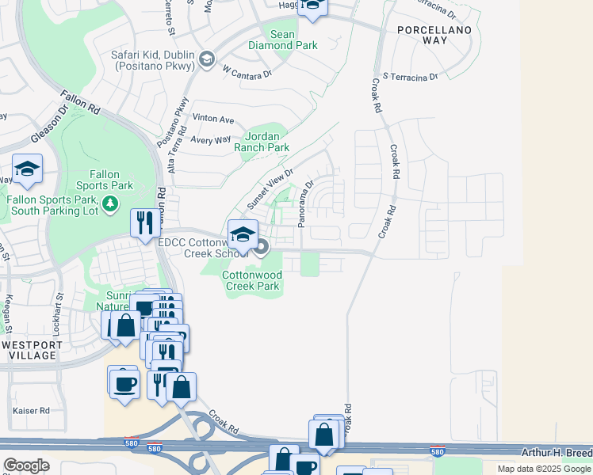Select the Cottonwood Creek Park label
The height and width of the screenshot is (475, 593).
click(251, 280)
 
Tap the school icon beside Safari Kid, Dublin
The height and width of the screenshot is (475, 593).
click(206, 60)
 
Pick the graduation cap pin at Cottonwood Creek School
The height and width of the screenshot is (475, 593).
click(243, 234)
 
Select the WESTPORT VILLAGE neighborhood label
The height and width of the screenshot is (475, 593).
click(29, 350)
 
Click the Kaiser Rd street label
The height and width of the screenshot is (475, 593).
click(33, 411)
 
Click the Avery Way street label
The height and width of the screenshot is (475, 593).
click(211, 139)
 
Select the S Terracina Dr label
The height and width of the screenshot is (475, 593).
click(410, 77)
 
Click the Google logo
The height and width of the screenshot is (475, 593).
click(27, 465)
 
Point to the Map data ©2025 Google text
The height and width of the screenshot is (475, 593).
click(543, 469)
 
